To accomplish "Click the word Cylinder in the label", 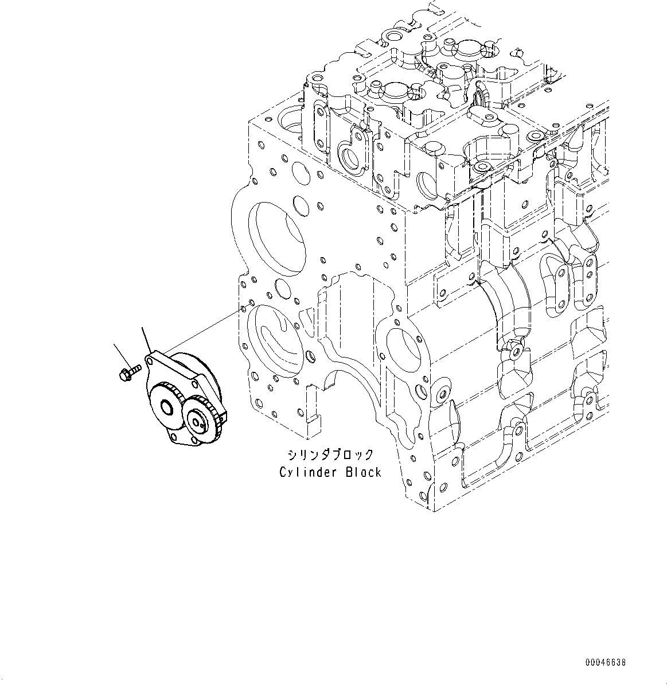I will tap(304, 472).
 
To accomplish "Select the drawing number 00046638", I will tap(606, 662).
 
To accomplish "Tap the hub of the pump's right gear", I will tap(198, 423).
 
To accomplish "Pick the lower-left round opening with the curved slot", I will tap(275, 341).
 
